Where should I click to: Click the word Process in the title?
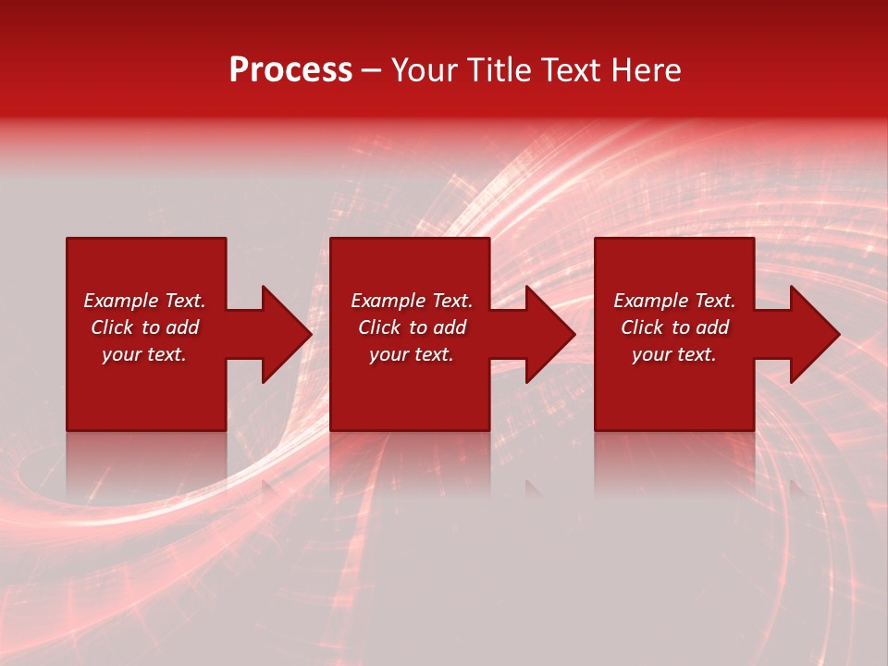pyautogui.click(x=290, y=70)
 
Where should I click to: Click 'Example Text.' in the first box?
pyautogui.click(x=144, y=301)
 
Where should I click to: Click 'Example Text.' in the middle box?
pyautogui.click(x=412, y=301)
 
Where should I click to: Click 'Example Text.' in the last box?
pyautogui.click(x=674, y=301)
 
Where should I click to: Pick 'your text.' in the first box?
pyautogui.click(x=144, y=354)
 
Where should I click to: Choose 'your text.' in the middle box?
pyautogui.click(x=412, y=354)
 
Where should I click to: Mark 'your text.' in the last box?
pyautogui.click(x=674, y=354)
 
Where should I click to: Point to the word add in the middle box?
pyautogui.click(x=450, y=327)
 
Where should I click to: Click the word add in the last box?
pyautogui.click(x=712, y=327)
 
